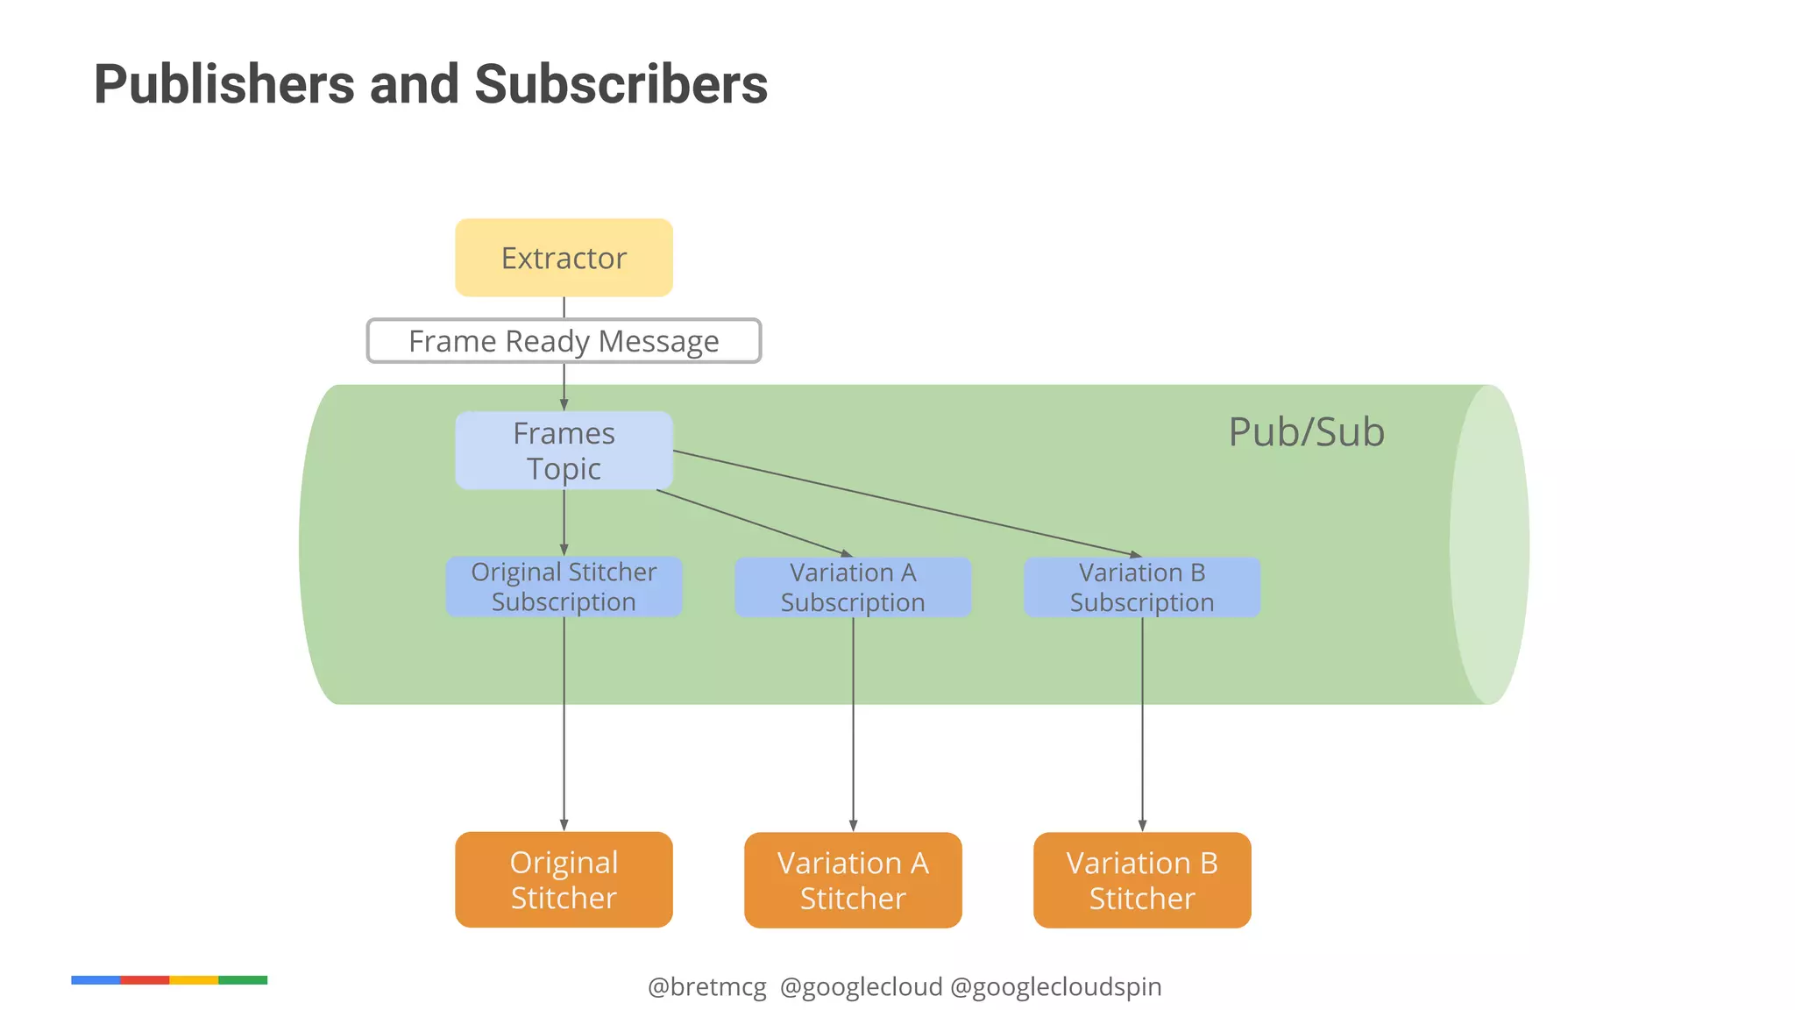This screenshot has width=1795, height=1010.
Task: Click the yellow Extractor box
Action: [x=564, y=258]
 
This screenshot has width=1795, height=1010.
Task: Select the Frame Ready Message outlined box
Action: [x=564, y=341]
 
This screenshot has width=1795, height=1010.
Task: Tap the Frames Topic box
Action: [x=564, y=451]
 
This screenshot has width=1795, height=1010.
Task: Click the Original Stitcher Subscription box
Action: [x=564, y=587]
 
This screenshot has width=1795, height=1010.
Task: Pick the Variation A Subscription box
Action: [x=853, y=587]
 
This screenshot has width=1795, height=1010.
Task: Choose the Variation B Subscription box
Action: [x=1142, y=587]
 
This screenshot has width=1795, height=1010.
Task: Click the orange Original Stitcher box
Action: [x=564, y=879]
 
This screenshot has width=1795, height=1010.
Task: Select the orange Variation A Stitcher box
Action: [x=853, y=880]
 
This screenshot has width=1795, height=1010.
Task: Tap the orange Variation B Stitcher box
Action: [x=1142, y=880]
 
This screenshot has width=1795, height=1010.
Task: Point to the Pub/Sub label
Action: [x=1306, y=432]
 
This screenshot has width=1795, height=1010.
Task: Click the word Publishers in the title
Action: [x=224, y=85]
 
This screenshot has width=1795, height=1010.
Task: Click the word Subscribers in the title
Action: [x=621, y=85]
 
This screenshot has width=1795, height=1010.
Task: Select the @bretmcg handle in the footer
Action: [x=706, y=987]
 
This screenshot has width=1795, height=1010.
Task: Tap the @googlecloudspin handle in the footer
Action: [x=1055, y=987]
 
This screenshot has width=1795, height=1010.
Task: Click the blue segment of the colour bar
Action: [x=96, y=980]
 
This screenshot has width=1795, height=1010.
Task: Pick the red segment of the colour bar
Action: [x=145, y=980]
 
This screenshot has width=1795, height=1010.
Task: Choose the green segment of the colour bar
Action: [x=243, y=980]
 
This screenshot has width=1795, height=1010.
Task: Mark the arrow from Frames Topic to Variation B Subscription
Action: [x=907, y=503]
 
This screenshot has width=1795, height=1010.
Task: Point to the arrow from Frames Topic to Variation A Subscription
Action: [x=754, y=523]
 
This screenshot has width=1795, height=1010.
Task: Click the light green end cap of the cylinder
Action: [x=1490, y=544]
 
